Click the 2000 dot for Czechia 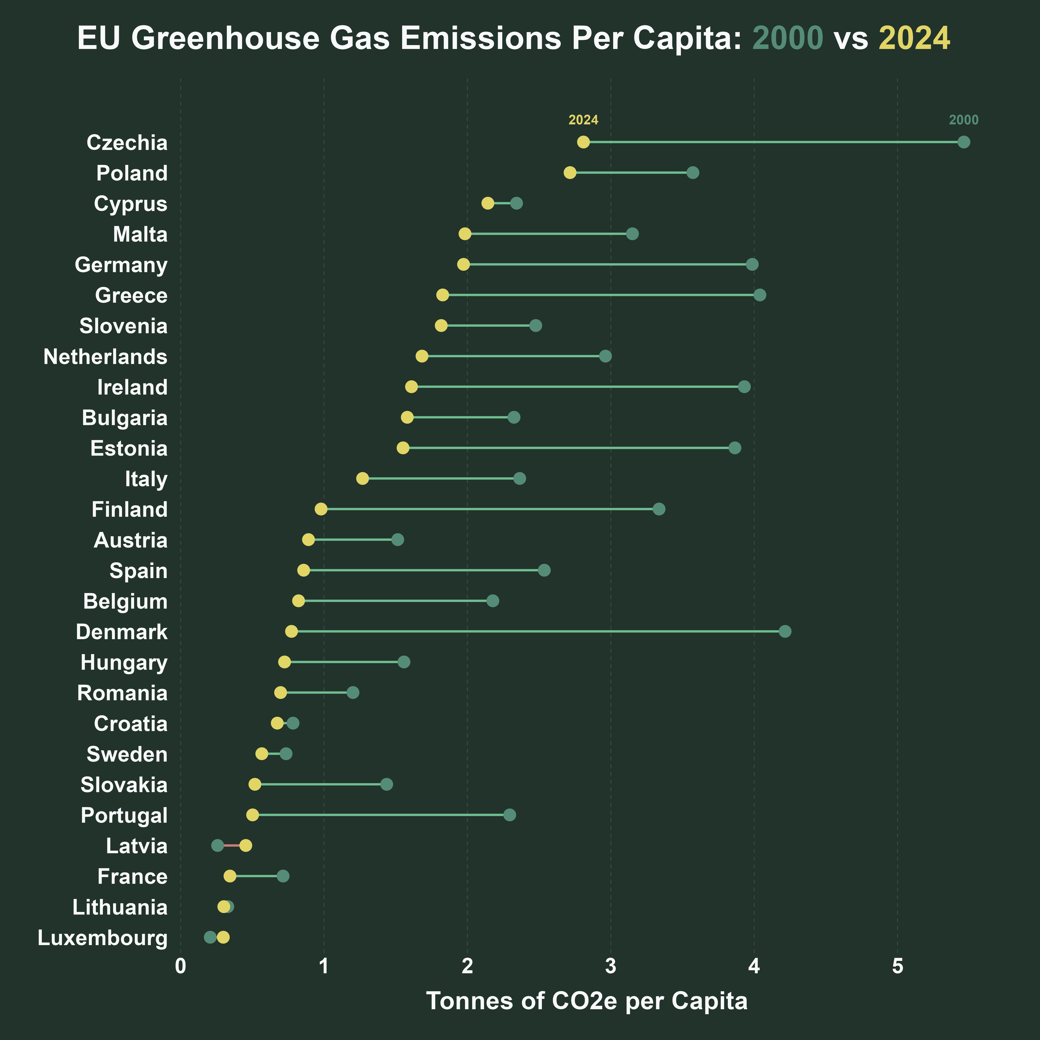[x=964, y=142]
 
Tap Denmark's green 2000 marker [x=785, y=631]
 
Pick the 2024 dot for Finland [x=321, y=509]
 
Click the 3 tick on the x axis [x=610, y=967]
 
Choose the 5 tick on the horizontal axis [x=897, y=967]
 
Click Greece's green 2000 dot [x=760, y=295]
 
